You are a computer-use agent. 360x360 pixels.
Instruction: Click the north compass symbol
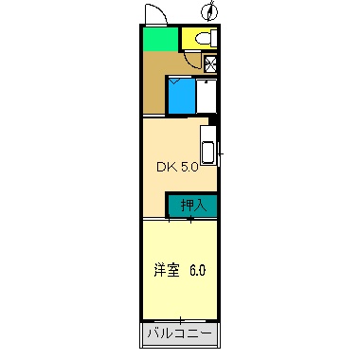(x=210, y=12)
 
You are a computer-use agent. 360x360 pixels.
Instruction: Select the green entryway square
(x=160, y=40)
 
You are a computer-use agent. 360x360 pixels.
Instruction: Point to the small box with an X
(x=210, y=64)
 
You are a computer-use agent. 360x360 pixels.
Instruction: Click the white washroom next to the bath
(x=206, y=96)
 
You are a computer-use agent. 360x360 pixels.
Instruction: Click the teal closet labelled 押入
(x=192, y=205)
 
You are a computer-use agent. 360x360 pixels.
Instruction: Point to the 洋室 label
(x=165, y=270)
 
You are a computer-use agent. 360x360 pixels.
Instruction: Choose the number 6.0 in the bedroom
(x=197, y=270)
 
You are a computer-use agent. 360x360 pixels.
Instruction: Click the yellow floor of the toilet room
(x=189, y=40)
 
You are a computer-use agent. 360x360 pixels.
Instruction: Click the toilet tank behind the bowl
(x=212, y=40)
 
